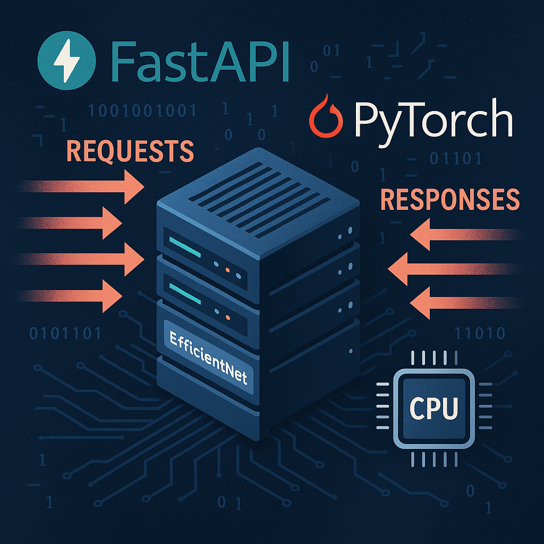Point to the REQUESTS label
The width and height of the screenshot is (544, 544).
pyautogui.click(x=130, y=151)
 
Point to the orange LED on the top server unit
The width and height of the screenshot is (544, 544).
pyautogui.click(x=227, y=270)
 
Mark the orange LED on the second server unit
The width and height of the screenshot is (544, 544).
pyautogui.click(x=227, y=317)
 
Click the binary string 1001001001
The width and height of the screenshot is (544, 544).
pyautogui.click(x=142, y=111)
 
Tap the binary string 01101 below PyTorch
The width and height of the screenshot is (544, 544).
pyautogui.click(x=456, y=158)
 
